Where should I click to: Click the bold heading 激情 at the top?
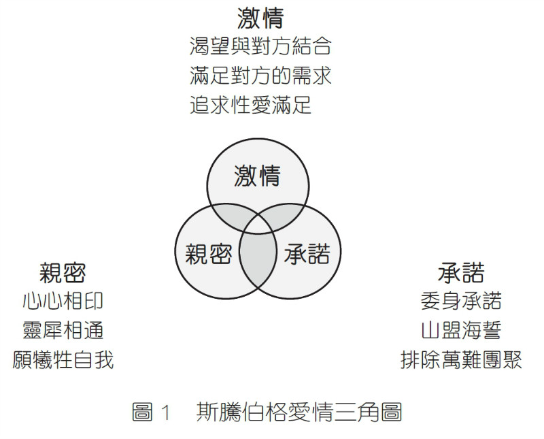pyautogui.click(x=260, y=18)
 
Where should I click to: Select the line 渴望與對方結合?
pyautogui.click(x=260, y=46)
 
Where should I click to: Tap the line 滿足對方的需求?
pyautogui.click(x=260, y=76)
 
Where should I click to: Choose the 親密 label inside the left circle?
pyautogui.click(x=208, y=255)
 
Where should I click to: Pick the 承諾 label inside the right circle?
pyautogui.click(x=307, y=255)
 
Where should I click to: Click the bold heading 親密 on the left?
pyautogui.click(x=62, y=273)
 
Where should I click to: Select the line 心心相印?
pyautogui.click(x=63, y=301)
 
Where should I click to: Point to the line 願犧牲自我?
pyautogui.click(x=63, y=359)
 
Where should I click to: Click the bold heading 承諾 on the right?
pyautogui.click(x=461, y=273)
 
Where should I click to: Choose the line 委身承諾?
pyautogui.click(x=461, y=301)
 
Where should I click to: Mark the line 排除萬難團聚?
pyautogui.click(x=461, y=359)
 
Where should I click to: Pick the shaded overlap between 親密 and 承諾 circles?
pyautogui.click(x=258, y=262)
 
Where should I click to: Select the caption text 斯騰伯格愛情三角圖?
pyautogui.click(x=299, y=412)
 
